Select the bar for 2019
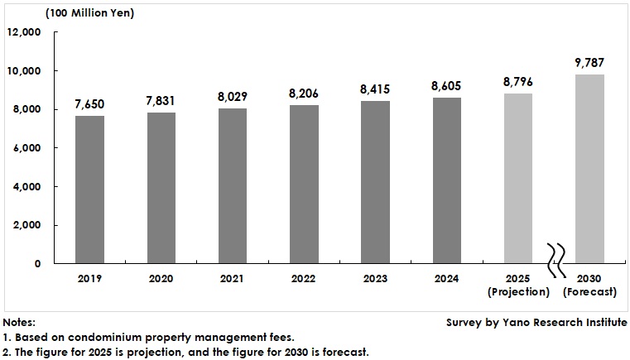(89, 190)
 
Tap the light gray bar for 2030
(589, 169)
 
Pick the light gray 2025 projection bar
(518, 178)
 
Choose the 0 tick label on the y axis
(37, 264)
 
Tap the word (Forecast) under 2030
(589, 292)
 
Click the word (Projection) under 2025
(518, 292)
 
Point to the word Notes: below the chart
(19, 322)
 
